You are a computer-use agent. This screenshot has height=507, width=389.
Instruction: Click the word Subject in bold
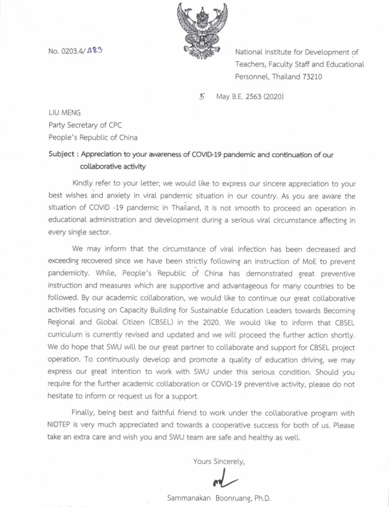click(x=62, y=156)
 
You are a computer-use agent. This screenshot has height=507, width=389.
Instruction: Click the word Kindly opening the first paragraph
click(x=85, y=183)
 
